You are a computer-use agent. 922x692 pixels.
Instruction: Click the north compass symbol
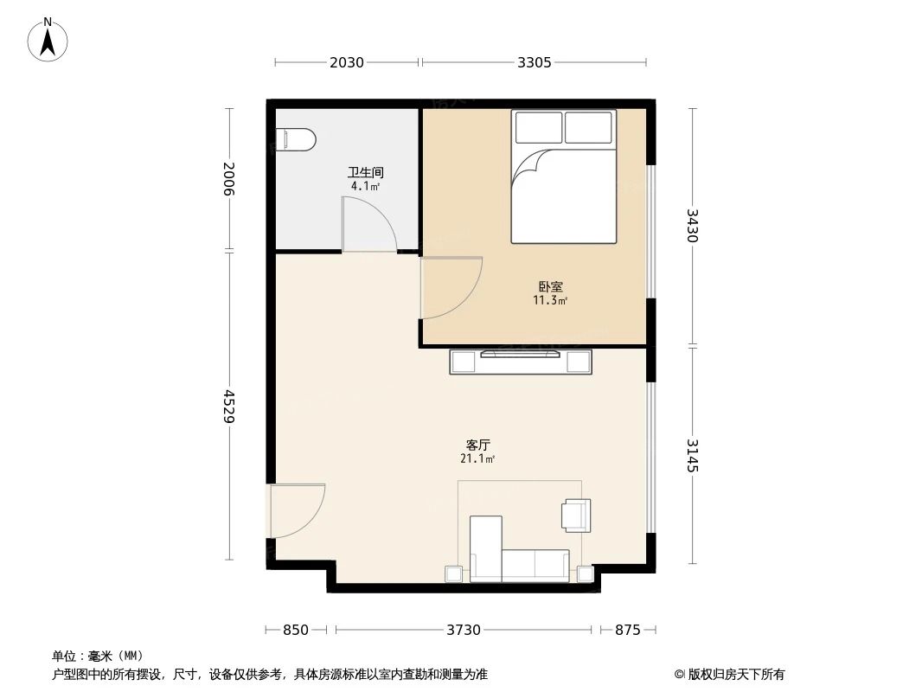(x=48, y=39)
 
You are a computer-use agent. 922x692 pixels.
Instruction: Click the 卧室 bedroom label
(x=550, y=286)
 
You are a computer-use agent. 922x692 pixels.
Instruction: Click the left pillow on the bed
(x=538, y=128)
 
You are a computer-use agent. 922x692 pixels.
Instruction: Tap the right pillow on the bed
(x=588, y=128)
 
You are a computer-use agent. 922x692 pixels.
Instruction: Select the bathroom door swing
(x=368, y=224)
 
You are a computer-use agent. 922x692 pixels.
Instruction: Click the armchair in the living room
(x=576, y=515)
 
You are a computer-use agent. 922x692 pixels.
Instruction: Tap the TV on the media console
(x=521, y=353)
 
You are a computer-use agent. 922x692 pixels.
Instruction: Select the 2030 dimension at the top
(x=347, y=62)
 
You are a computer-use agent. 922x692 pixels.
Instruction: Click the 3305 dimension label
(x=534, y=62)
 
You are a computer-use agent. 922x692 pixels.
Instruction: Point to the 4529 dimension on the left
(x=229, y=406)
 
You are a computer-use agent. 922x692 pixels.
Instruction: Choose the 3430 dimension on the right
(x=692, y=226)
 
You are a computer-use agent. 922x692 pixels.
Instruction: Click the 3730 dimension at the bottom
(x=464, y=630)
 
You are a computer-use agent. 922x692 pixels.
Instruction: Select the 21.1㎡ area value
(x=477, y=459)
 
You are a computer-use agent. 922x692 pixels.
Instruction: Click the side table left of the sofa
(x=454, y=573)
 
